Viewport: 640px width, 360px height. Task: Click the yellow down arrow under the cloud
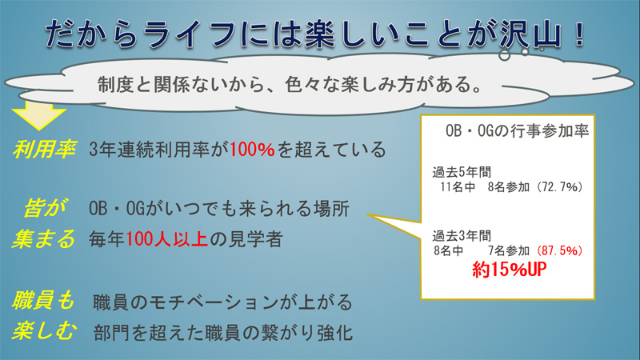pyautogui.click(x=38, y=114)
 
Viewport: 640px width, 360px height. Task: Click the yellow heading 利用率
pyautogui.click(x=44, y=149)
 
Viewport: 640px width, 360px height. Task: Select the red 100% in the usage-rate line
pyautogui.click(x=252, y=150)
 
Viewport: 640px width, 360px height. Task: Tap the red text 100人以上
pyautogui.click(x=167, y=238)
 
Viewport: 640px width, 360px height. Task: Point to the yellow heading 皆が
pyautogui.click(x=45, y=208)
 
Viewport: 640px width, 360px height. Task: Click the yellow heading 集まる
pyautogui.click(x=44, y=238)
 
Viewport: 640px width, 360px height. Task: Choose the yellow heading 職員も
pyautogui.click(x=43, y=301)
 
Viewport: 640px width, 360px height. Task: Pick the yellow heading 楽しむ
pyautogui.click(x=44, y=330)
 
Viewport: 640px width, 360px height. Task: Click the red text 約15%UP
pyautogui.click(x=509, y=270)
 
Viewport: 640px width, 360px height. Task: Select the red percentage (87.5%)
pyautogui.click(x=559, y=250)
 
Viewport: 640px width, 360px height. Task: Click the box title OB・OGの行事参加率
pyautogui.click(x=517, y=130)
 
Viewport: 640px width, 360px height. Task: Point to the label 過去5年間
pyautogui.click(x=462, y=172)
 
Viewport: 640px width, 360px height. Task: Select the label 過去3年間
pyautogui.click(x=462, y=236)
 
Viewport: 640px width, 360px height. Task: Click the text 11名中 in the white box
pyautogui.click(x=458, y=187)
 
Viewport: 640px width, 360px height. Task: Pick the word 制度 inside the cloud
pyautogui.click(x=111, y=85)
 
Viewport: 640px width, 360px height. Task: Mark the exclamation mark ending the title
pyautogui.click(x=578, y=33)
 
